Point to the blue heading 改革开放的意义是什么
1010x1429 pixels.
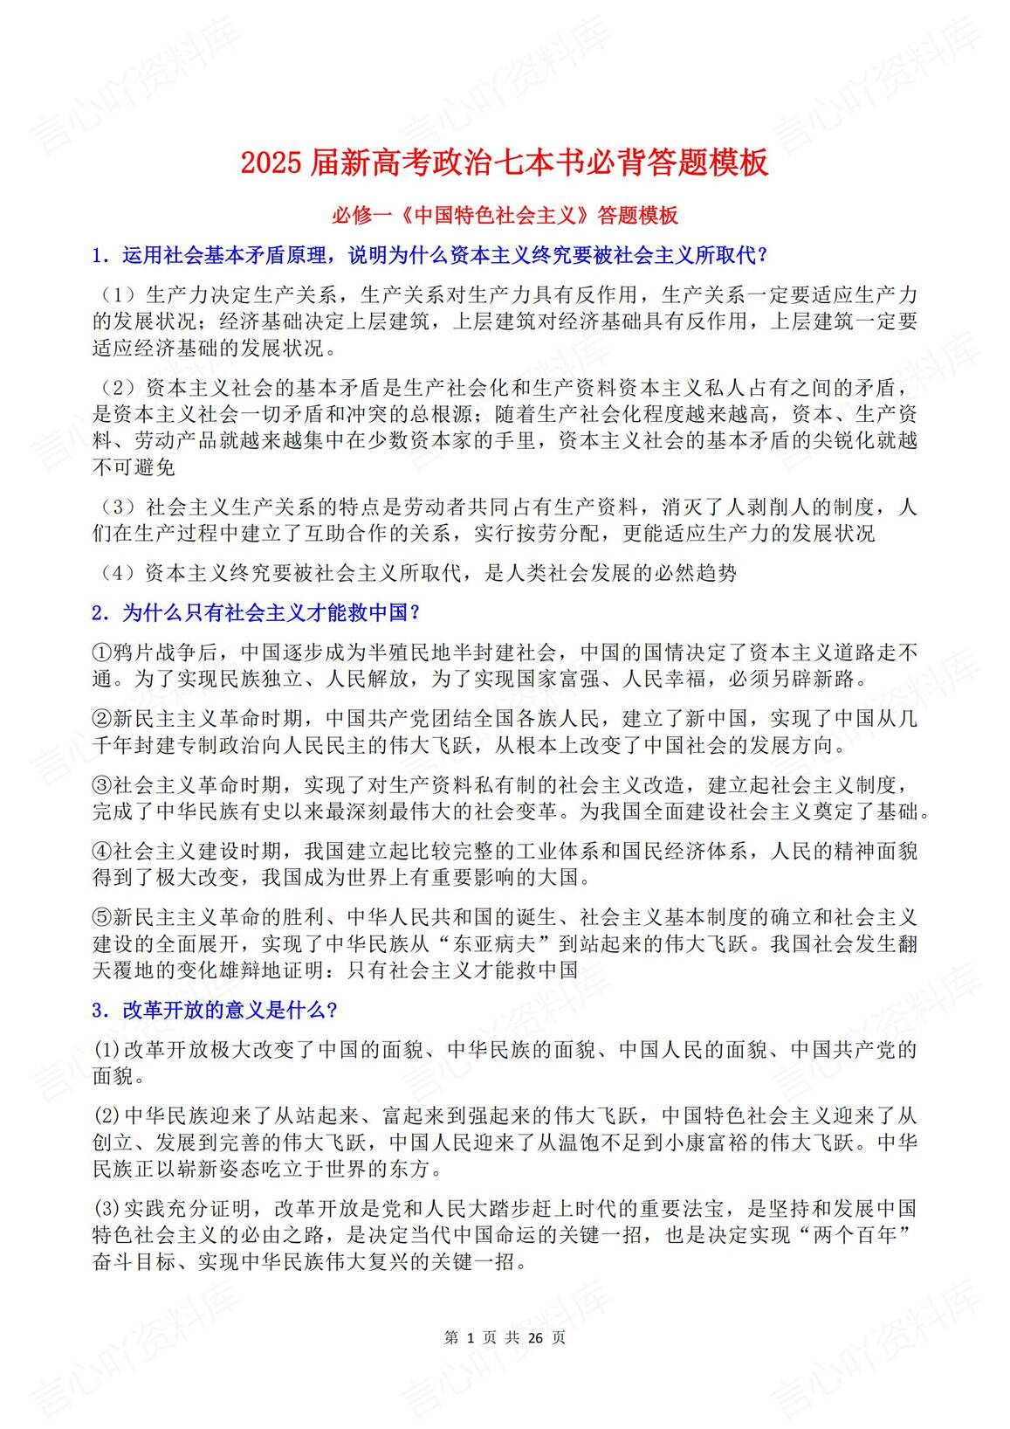click(x=215, y=1011)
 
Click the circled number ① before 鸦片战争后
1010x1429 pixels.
click(x=102, y=652)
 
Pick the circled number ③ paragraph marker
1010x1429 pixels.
click(x=102, y=785)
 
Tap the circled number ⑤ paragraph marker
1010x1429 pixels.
click(x=102, y=918)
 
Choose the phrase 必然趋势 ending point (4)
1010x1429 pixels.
click(x=695, y=573)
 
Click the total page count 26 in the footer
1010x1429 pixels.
click(x=535, y=1337)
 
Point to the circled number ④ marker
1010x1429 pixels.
click(x=102, y=852)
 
